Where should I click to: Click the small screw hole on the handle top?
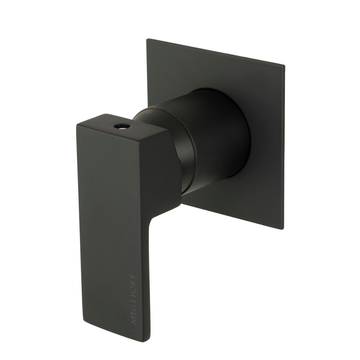[x=119, y=126]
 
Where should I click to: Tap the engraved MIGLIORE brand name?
[x=133, y=300]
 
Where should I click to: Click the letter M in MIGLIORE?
[x=134, y=321]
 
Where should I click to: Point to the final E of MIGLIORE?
[x=133, y=278]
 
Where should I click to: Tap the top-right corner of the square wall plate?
[x=284, y=66]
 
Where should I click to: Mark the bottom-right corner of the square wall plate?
[x=283, y=229]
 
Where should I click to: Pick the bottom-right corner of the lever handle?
[x=148, y=340]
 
